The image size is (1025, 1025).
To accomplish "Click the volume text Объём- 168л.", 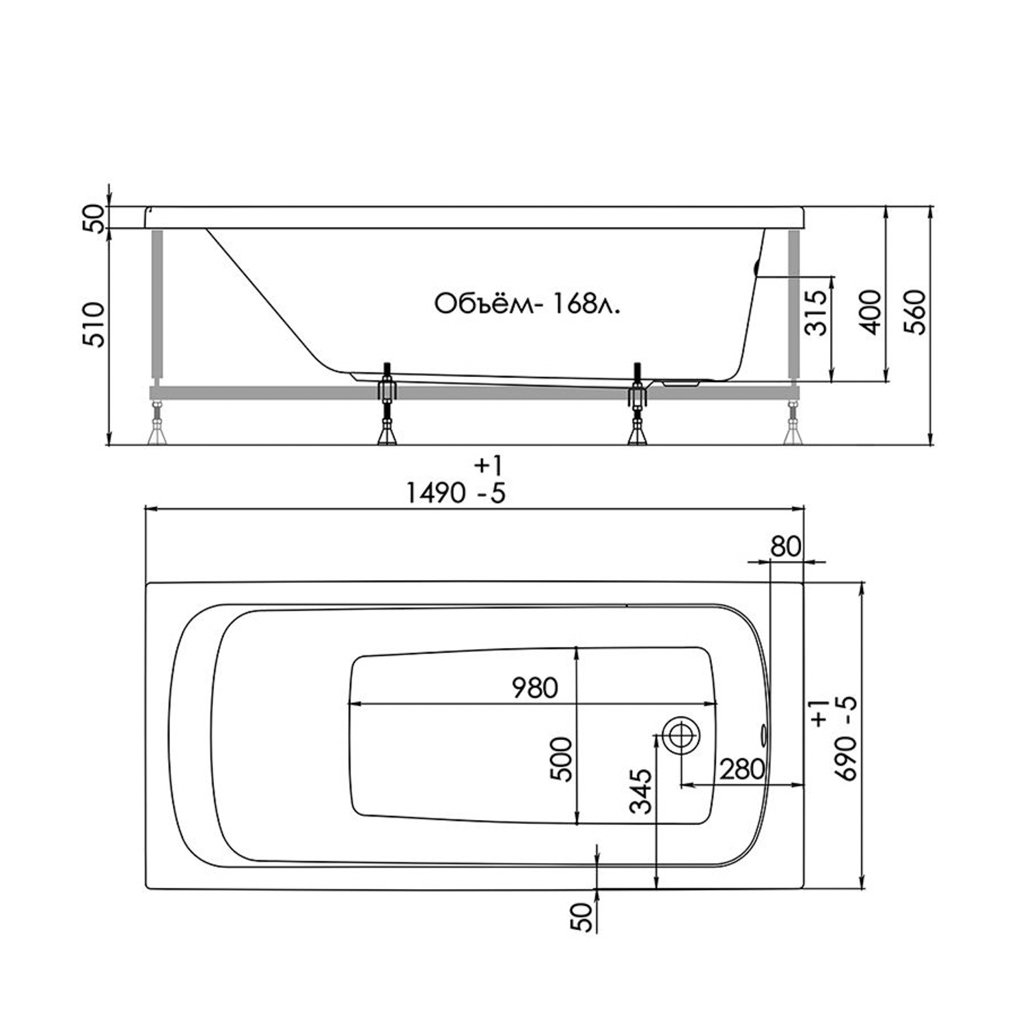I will pyautogui.click(x=527, y=304).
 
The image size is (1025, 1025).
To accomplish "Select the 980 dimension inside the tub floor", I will pyautogui.click(x=535, y=688).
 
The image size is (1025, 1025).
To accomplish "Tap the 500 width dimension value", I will pyautogui.click(x=562, y=759).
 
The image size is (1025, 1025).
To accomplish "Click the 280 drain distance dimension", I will pyautogui.click(x=741, y=770).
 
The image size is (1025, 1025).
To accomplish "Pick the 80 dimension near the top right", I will pyautogui.click(x=785, y=547).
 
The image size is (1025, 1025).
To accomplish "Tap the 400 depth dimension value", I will pyautogui.click(x=871, y=312).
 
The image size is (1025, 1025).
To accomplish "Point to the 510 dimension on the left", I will pyautogui.click(x=94, y=324).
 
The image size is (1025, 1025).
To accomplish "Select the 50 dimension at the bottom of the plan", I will pyautogui.click(x=581, y=917).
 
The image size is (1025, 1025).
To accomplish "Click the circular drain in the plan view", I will pyautogui.click(x=681, y=735).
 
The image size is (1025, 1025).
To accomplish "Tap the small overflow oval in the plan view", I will pyautogui.click(x=763, y=735).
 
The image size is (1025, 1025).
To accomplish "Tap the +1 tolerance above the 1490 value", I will pyautogui.click(x=488, y=466).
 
